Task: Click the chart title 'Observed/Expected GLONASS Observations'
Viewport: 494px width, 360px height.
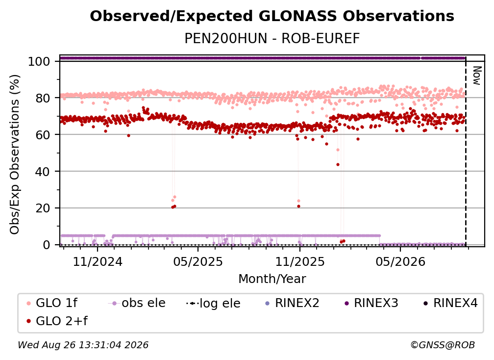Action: coord(272,16)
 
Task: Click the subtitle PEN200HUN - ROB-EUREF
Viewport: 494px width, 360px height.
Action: coord(272,38)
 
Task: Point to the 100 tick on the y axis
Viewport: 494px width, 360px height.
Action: coord(39,61)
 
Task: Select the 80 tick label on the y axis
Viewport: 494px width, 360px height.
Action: coord(43,98)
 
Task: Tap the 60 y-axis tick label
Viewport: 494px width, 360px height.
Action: coord(43,135)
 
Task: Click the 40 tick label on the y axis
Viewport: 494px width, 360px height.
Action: coord(43,172)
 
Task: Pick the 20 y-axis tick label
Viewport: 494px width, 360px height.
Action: coord(43,208)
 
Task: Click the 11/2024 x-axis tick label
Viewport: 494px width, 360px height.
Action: coord(98,261)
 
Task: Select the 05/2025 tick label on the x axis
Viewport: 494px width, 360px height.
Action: coord(198,261)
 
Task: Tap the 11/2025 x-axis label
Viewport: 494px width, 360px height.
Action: coord(300,261)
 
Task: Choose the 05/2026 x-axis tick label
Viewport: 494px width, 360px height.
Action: coord(400,261)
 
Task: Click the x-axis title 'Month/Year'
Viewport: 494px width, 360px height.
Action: coord(272,279)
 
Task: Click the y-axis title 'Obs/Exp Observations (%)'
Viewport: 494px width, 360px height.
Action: coord(15,154)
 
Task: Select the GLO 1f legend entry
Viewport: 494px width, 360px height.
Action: coord(52,303)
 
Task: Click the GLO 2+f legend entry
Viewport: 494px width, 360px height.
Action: coord(57,321)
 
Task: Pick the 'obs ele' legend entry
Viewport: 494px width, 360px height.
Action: coord(137,303)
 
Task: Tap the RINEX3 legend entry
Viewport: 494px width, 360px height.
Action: coord(371,303)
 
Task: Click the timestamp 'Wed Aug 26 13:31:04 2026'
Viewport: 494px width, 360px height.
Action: coord(83,345)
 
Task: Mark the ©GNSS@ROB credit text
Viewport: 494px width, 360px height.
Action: coord(443,345)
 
